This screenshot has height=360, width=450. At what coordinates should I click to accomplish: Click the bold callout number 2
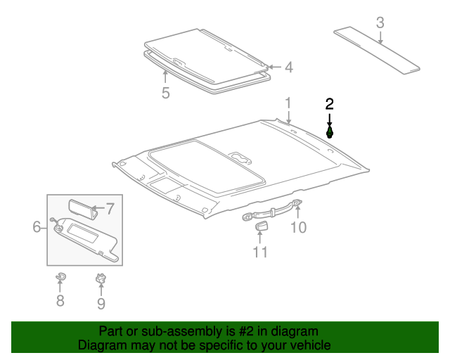(x=329, y=104)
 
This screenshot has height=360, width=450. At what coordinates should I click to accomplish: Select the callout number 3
(x=380, y=22)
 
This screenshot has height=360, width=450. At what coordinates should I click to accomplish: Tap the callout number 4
(x=288, y=67)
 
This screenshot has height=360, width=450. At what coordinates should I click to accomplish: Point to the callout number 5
(x=165, y=93)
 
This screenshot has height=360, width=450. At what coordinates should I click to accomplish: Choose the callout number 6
(x=37, y=226)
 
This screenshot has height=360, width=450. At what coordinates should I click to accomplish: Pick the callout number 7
(x=109, y=208)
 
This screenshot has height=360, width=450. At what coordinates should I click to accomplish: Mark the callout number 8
(x=60, y=301)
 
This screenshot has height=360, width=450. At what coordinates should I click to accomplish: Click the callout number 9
(x=101, y=303)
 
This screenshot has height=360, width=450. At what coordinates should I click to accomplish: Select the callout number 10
(x=299, y=227)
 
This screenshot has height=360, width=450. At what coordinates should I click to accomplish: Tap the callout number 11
(x=260, y=252)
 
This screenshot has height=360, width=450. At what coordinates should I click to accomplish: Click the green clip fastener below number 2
(x=329, y=131)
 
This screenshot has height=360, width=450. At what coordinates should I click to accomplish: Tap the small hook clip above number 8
(x=60, y=277)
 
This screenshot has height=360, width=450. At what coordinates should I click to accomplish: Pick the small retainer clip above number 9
(x=101, y=279)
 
